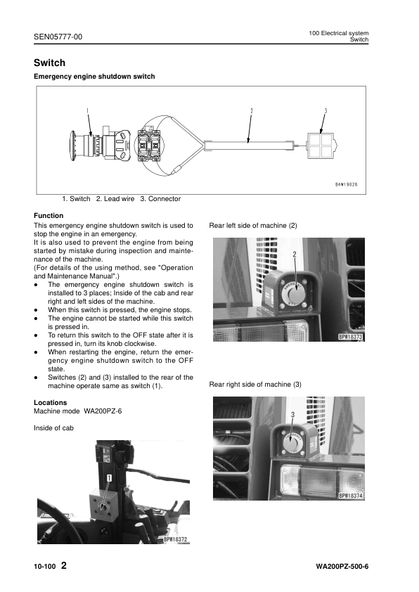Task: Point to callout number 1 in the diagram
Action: click(x=87, y=110)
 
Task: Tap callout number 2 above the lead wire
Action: click(x=251, y=110)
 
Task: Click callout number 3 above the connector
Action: click(x=325, y=110)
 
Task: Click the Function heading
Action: click(x=49, y=215)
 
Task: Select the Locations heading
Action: click(x=51, y=403)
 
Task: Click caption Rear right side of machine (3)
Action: click(x=255, y=385)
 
